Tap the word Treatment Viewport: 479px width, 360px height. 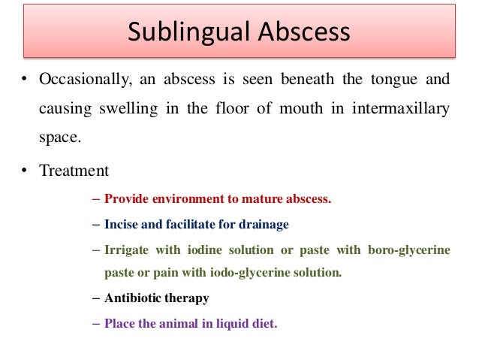click(x=74, y=171)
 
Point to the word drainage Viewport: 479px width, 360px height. click(x=265, y=225)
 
